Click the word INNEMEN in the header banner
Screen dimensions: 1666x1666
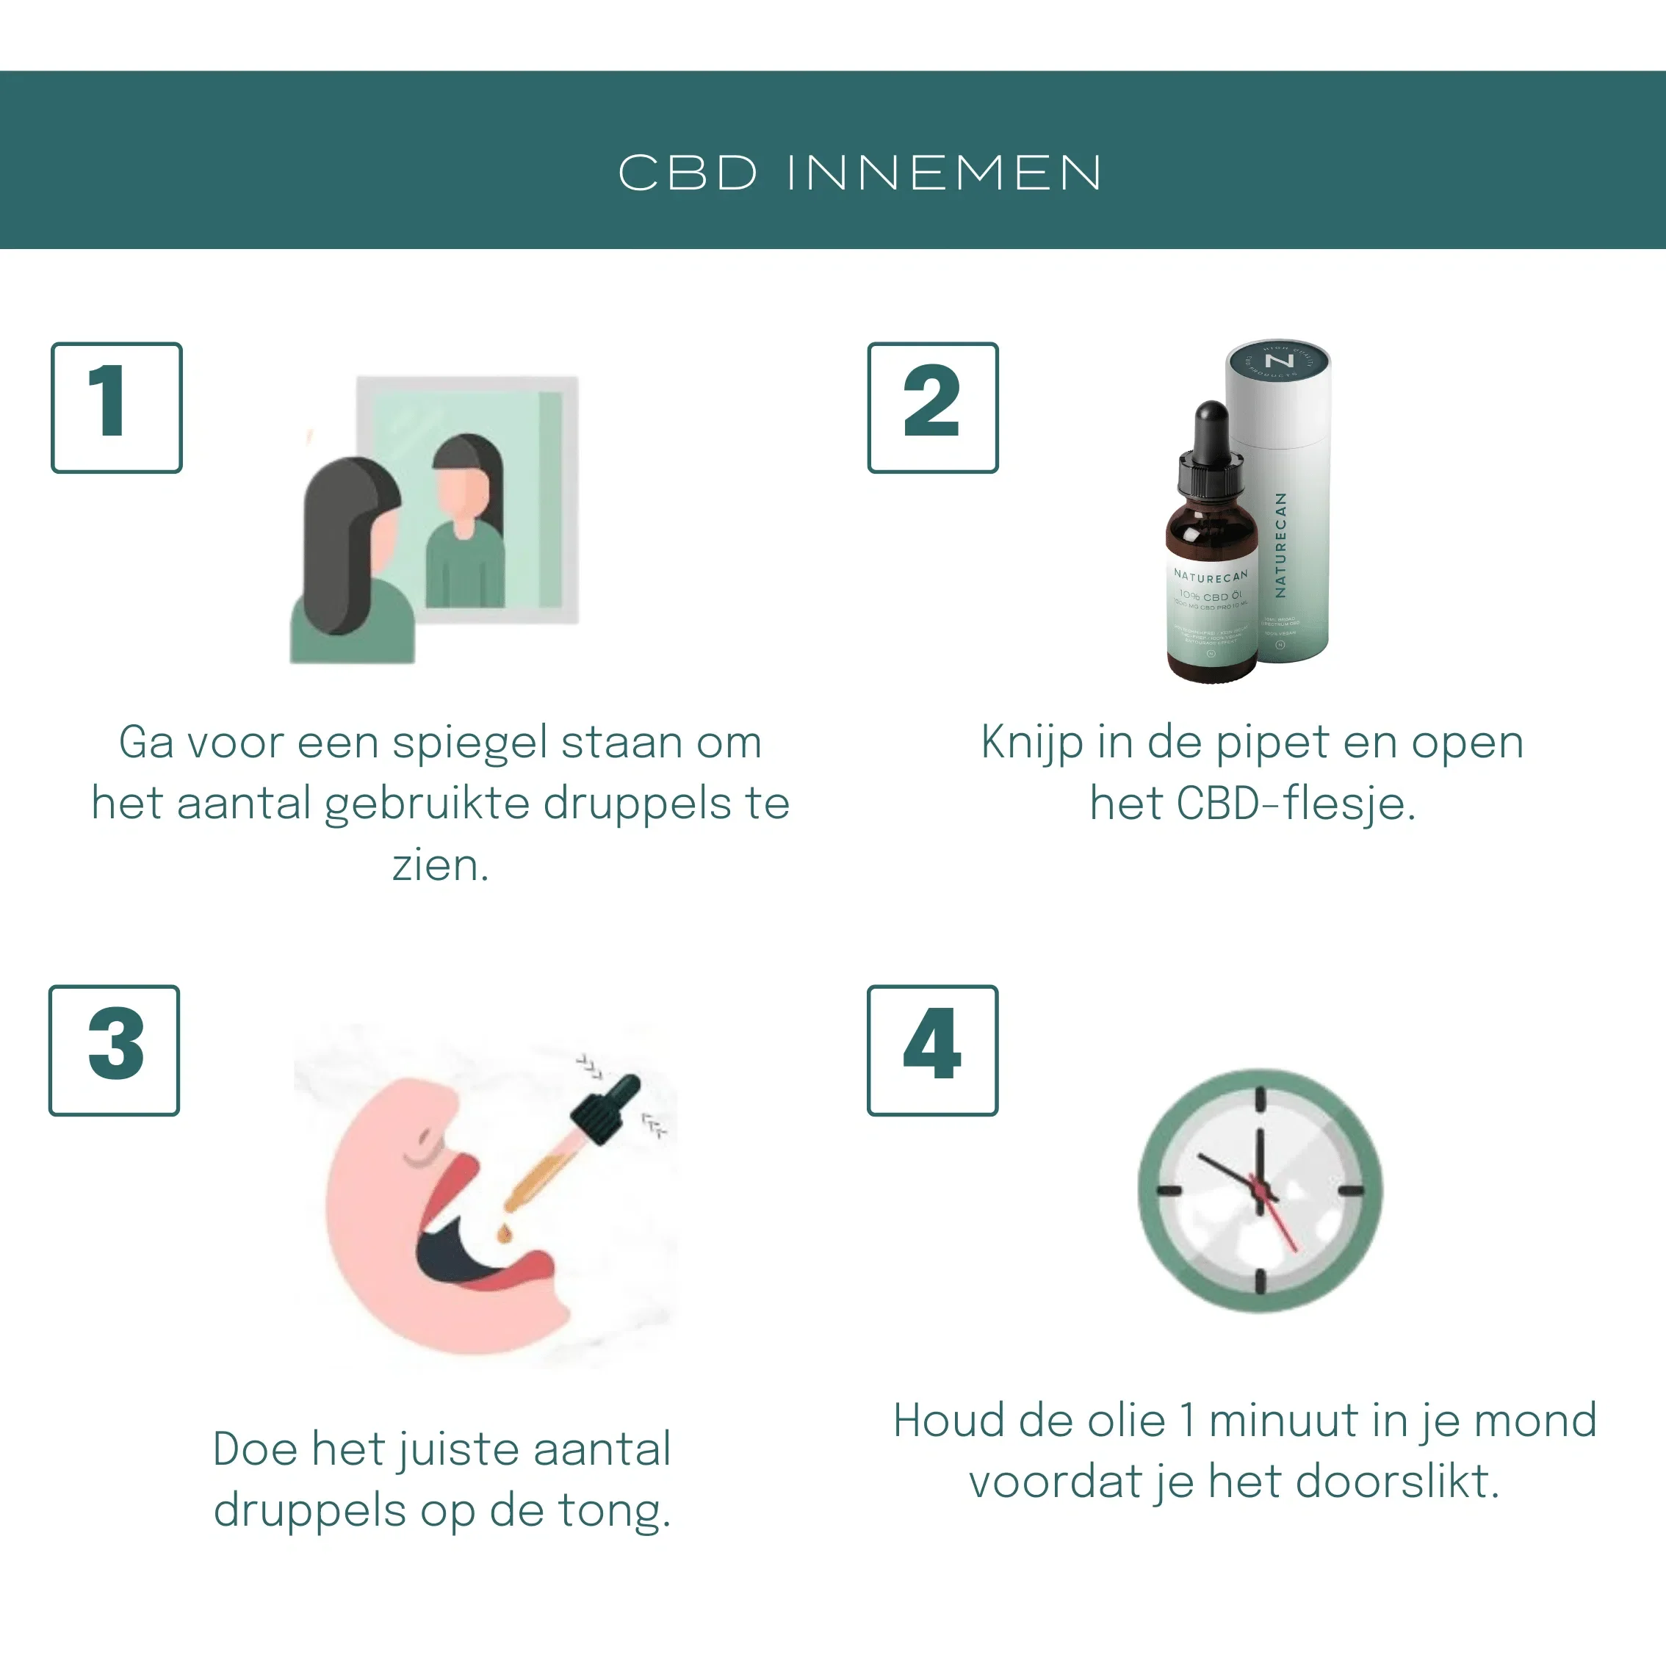point(943,173)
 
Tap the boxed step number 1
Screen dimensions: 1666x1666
point(116,407)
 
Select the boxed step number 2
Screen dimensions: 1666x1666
point(932,407)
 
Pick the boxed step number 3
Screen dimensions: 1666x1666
point(115,1050)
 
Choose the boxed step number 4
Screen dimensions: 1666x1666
point(932,1050)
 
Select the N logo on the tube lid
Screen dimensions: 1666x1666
point(1279,361)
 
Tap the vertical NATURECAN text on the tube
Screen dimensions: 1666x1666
point(1280,545)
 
